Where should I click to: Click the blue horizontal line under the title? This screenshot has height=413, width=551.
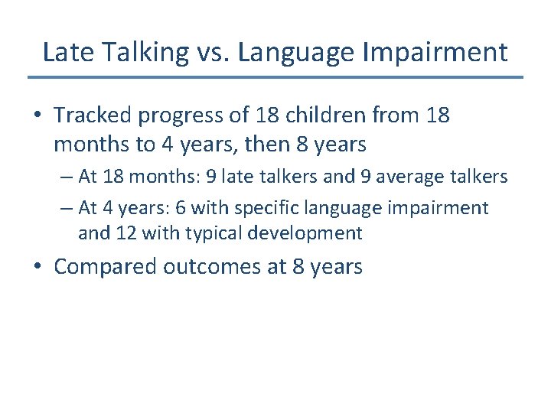[275, 77]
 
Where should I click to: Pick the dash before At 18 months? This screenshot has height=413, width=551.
[65, 177]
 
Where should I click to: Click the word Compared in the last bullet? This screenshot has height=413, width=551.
[106, 266]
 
